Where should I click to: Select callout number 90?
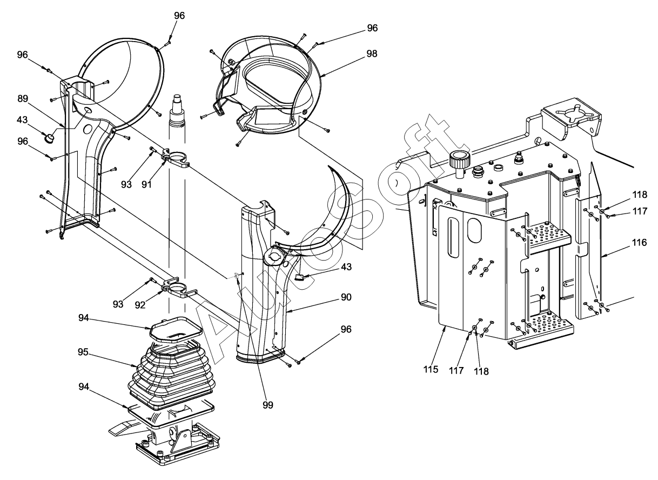pyautogui.click(x=346, y=297)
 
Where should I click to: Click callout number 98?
pyautogui.click(x=371, y=54)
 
